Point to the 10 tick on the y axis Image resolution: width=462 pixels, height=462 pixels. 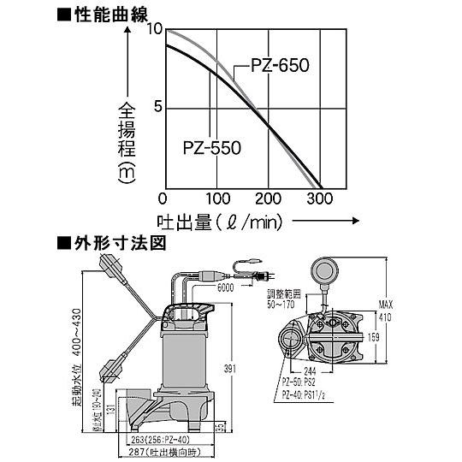(154, 28)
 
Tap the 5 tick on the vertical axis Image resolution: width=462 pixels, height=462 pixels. (157, 107)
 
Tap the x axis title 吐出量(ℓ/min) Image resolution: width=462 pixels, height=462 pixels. (220, 222)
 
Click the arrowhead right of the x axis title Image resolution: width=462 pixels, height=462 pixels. (351, 221)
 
